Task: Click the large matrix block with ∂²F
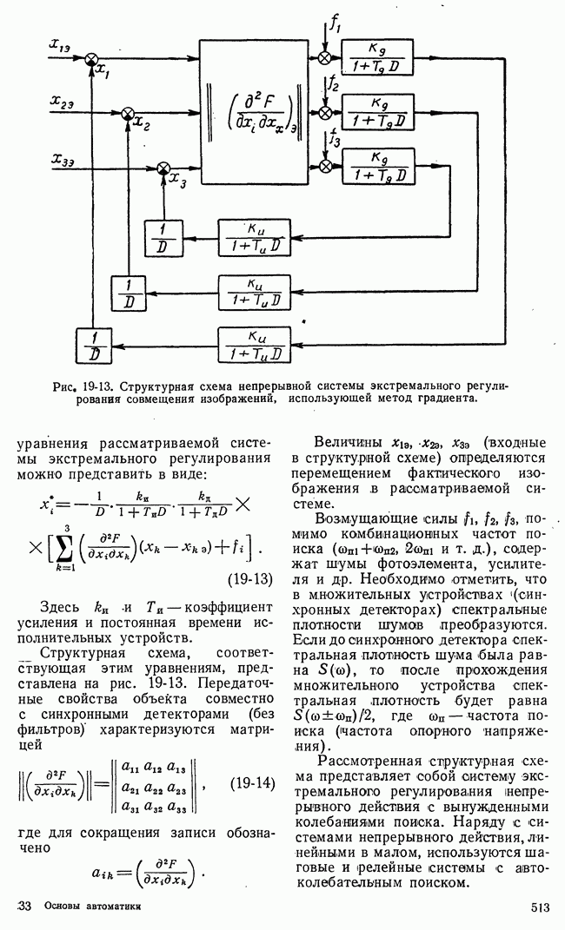click(256, 111)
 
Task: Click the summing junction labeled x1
click(90, 58)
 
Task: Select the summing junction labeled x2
click(127, 112)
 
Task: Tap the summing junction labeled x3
click(163, 167)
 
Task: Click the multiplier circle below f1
click(325, 58)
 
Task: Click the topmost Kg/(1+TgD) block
click(378, 56)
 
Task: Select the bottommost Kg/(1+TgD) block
click(378, 166)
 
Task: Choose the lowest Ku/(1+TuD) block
click(254, 343)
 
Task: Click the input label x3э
click(62, 159)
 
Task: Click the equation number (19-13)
click(248, 578)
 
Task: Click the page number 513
click(539, 907)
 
